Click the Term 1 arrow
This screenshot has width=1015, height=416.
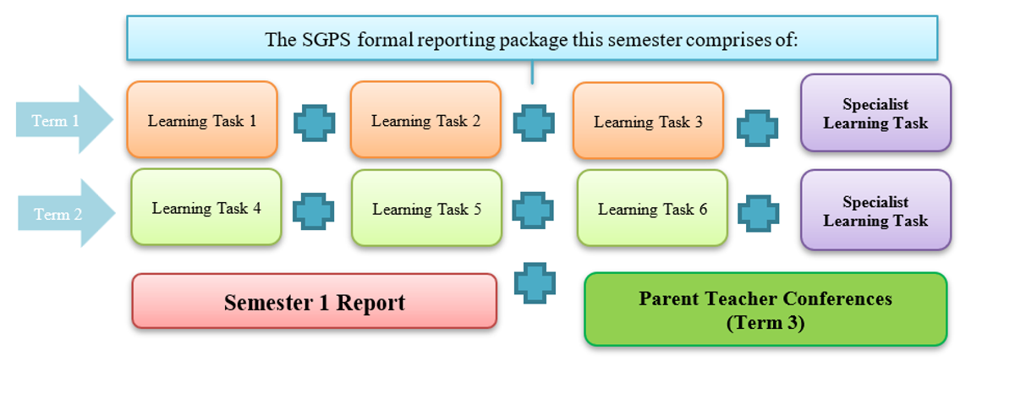click(x=64, y=119)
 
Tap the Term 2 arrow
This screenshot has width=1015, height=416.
click(x=66, y=213)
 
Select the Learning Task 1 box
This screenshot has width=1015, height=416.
click(x=202, y=119)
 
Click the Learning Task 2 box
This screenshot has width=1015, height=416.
click(x=425, y=119)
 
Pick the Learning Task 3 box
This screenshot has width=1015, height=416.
click(x=648, y=121)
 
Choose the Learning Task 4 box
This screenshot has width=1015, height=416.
click(x=206, y=207)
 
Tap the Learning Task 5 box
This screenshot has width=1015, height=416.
click(x=427, y=208)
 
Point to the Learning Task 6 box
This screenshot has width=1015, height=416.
click(x=652, y=208)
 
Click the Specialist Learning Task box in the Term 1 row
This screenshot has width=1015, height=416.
click(x=876, y=112)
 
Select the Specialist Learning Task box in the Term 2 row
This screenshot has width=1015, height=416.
click(x=876, y=210)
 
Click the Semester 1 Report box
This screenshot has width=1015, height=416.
click(x=315, y=301)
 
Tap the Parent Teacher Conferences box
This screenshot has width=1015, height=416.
click(x=765, y=309)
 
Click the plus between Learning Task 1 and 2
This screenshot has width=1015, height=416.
click(x=315, y=123)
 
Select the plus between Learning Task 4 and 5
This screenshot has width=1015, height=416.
click(x=314, y=211)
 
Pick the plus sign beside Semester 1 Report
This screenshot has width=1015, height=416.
click(x=535, y=283)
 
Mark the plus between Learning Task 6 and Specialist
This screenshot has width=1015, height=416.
click(x=759, y=213)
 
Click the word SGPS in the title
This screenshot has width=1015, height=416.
click(x=326, y=40)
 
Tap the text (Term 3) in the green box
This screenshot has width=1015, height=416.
click(x=765, y=323)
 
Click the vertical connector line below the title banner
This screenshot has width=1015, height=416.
click(x=532, y=72)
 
